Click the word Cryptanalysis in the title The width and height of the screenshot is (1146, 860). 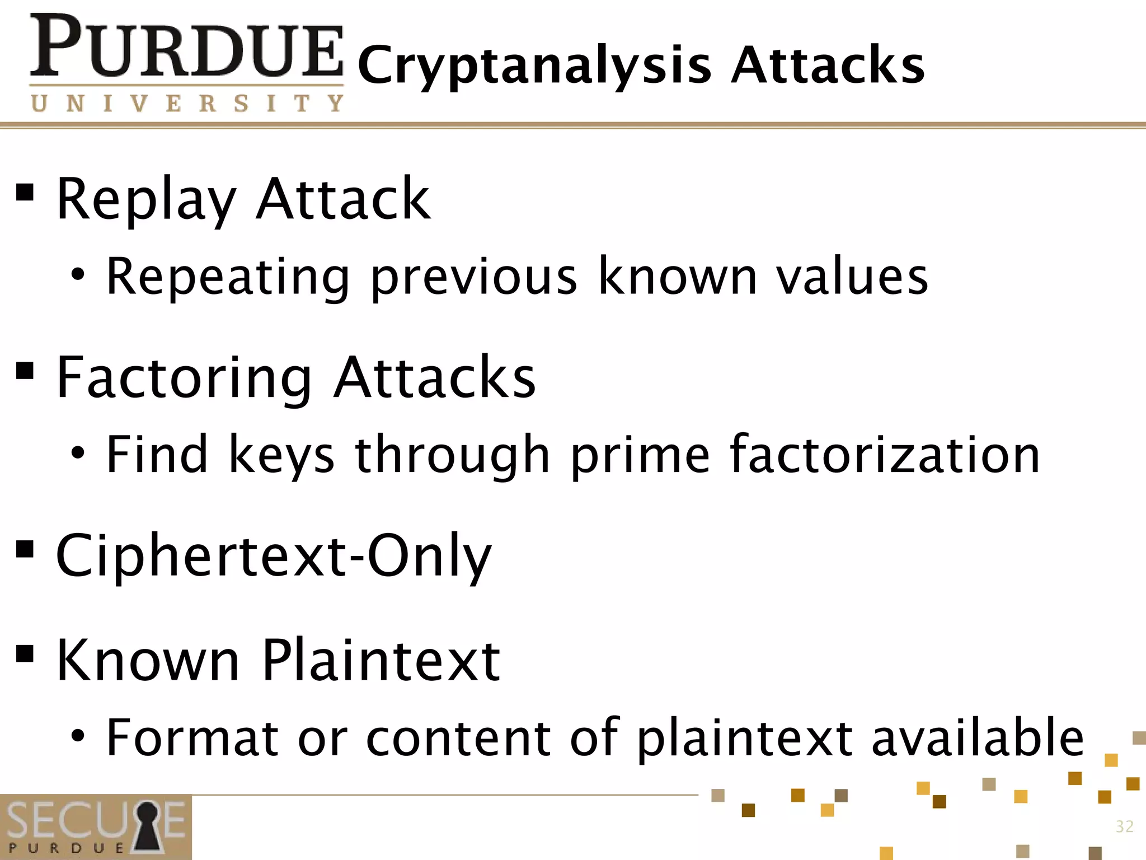coord(534,66)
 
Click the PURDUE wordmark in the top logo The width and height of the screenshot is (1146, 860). coord(186,47)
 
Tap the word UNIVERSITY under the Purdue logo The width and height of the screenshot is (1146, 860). coord(187,104)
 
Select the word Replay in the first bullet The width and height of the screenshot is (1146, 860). coord(147,200)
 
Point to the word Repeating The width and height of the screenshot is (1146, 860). coord(228,277)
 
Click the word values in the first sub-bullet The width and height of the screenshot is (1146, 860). coord(852,277)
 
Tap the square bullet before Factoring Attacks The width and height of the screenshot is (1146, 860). coord(25,370)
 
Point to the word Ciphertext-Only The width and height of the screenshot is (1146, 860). coord(274,556)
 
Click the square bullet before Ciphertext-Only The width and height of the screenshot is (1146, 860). coord(25,549)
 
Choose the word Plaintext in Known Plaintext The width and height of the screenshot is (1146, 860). coord(381,661)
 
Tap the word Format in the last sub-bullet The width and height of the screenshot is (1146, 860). coord(192,737)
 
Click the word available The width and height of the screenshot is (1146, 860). coord(978,737)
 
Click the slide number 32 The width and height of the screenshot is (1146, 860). coord(1124,826)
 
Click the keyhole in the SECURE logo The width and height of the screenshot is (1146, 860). coord(147,827)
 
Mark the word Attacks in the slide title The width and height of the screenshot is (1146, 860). coord(828,66)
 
